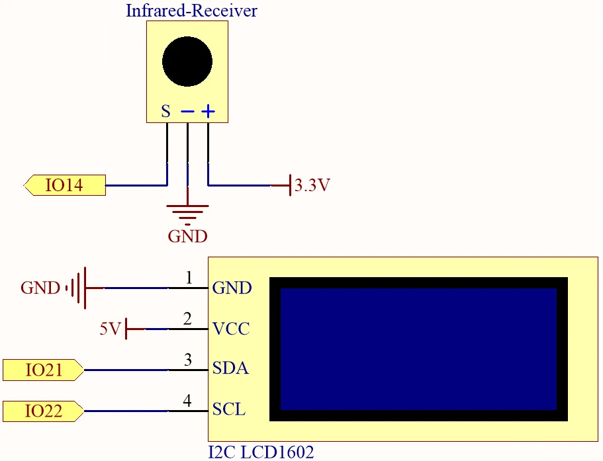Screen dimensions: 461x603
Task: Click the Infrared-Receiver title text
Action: [191, 11]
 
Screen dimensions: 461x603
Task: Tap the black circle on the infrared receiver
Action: [187, 62]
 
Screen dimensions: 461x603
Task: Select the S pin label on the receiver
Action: [165, 111]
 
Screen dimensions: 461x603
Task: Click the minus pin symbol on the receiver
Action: [187, 112]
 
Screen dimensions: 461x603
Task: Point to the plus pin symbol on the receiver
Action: [209, 111]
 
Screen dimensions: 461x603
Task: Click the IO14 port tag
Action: [64, 186]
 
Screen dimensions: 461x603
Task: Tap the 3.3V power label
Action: [312, 186]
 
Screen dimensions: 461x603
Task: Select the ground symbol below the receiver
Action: [188, 212]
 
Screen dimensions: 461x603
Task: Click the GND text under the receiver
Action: [187, 236]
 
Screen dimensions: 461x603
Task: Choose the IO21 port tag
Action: [43, 370]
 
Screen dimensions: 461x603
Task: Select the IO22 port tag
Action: [43, 411]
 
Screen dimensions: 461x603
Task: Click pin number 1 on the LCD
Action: [188, 278]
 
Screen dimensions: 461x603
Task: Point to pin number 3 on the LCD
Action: [188, 360]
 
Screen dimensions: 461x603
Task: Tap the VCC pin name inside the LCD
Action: [231, 329]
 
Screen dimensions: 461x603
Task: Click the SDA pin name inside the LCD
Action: [230, 369]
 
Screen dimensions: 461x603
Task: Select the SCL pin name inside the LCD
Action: [229, 409]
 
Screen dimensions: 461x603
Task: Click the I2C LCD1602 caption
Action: [261, 452]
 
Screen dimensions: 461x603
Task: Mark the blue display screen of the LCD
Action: [418, 349]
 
